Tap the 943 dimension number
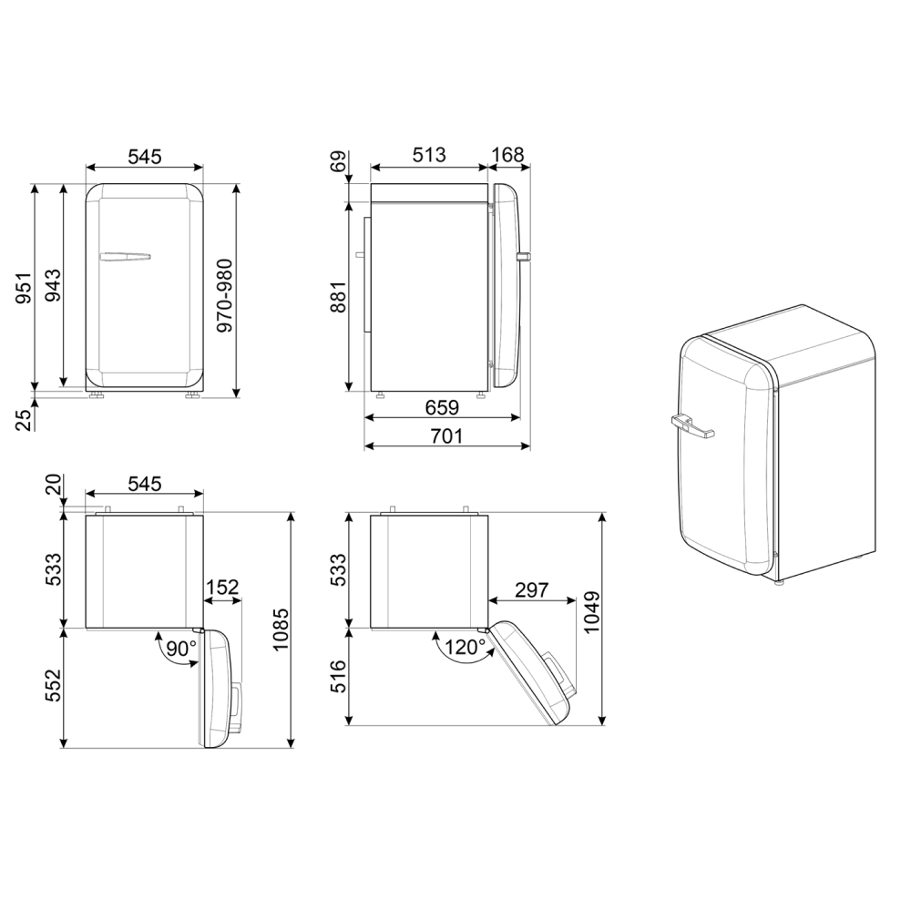point(52,287)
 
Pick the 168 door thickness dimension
point(507,155)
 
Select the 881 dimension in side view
point(337,296)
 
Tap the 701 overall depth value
point(446,436)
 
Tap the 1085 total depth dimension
point(279,629)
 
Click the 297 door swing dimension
point(531,589)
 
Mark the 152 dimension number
point(221,588)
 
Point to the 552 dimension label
point(53,686)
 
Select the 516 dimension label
point(338,677)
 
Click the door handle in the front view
point(127,257)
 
